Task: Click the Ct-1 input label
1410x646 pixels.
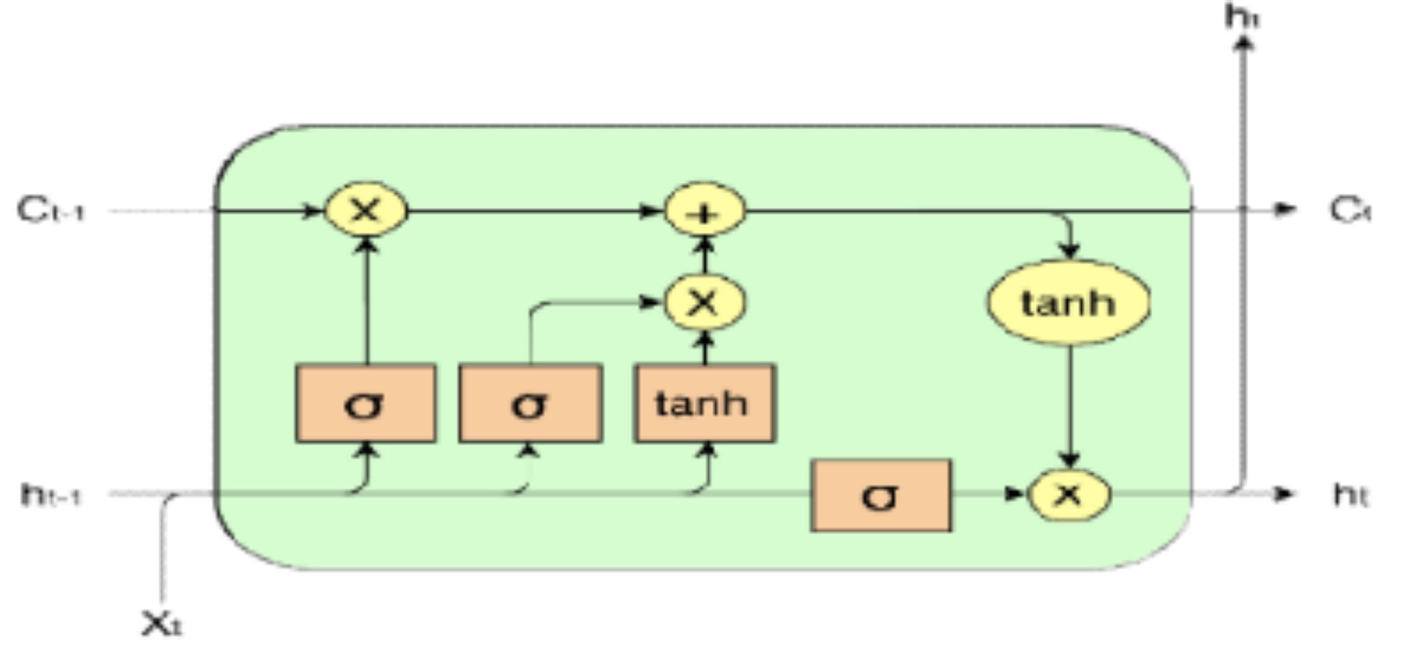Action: click(51, 210)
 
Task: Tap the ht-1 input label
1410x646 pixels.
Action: click(51, 495)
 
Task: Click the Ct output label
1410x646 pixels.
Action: click(1349, 210)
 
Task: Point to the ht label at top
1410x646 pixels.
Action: click(1242, 17)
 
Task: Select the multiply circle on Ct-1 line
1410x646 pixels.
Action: click(366, 210)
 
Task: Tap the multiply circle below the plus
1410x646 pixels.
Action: click(704, 302)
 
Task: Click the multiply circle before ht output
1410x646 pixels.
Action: click(1069, 494)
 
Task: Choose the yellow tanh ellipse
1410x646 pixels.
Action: click(1069, 302)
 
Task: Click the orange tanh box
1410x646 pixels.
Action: click(704, 403)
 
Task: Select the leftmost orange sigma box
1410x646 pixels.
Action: click(366, 403)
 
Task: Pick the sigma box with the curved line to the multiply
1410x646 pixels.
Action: click(530, 403)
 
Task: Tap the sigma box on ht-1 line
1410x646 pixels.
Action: click(881, 495)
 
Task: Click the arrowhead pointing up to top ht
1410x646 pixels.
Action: click(1243, 43)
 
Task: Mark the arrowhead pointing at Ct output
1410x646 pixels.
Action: click(1286, 209)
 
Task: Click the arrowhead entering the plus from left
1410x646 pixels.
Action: click(650, 211)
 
